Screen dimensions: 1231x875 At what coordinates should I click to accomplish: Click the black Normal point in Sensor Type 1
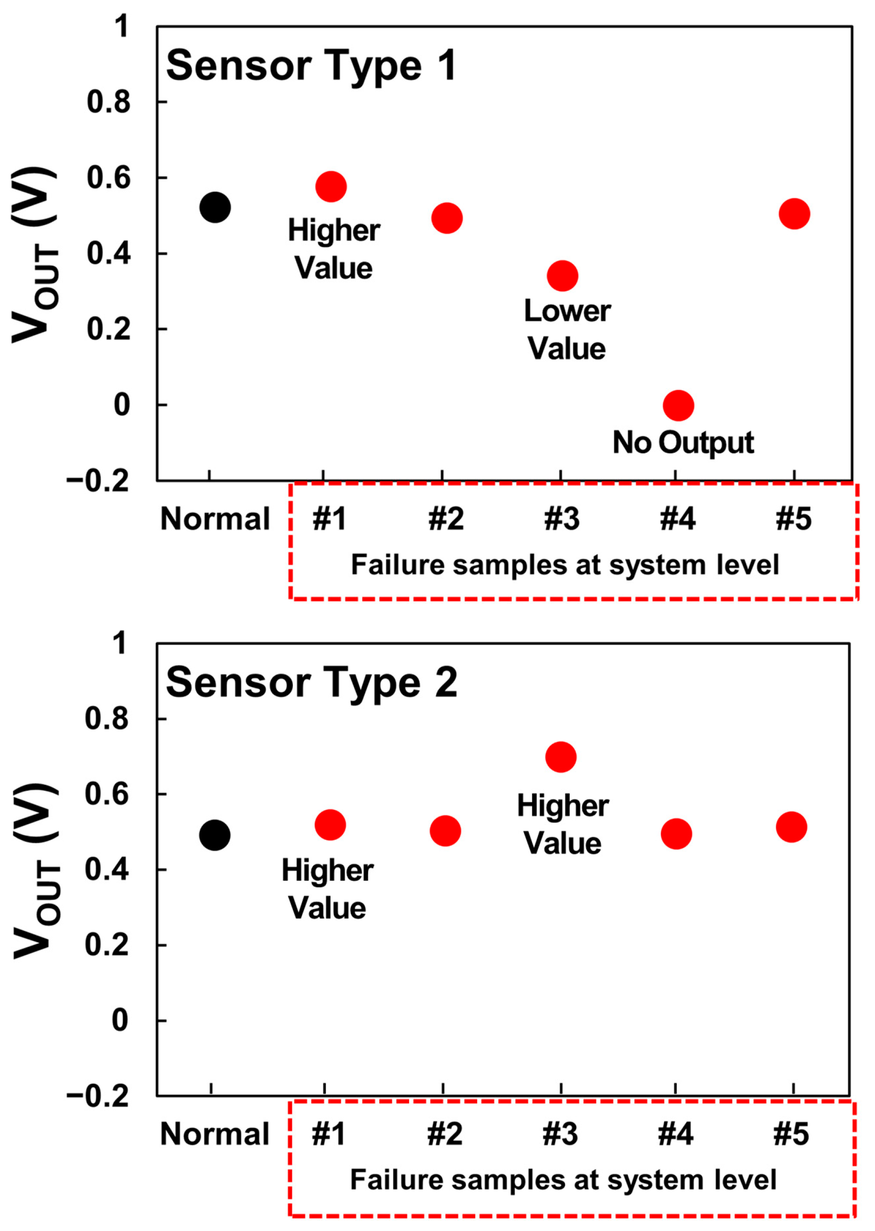215,208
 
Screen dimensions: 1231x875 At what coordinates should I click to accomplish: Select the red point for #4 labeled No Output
678,406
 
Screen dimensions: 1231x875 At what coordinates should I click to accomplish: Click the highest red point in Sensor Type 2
561,757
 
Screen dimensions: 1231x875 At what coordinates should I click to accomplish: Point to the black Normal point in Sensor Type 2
215,835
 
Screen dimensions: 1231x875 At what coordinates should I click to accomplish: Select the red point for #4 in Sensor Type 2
676,834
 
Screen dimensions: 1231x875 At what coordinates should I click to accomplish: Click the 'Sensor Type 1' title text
311,66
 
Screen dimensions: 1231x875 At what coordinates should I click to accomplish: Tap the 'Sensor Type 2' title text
311,683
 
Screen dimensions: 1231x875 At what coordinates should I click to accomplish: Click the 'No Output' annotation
683,443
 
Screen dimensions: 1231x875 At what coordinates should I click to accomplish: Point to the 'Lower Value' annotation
567,330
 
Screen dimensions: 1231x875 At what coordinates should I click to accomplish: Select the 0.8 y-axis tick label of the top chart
108,102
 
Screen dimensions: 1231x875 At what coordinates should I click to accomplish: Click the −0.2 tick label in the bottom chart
98,1097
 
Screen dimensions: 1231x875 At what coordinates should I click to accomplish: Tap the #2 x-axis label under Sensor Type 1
445,519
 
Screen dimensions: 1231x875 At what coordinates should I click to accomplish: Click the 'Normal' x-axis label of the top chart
215,519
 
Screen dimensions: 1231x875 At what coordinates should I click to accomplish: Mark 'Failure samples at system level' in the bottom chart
563,1180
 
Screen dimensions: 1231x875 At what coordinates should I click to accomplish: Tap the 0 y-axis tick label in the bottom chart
120,1020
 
